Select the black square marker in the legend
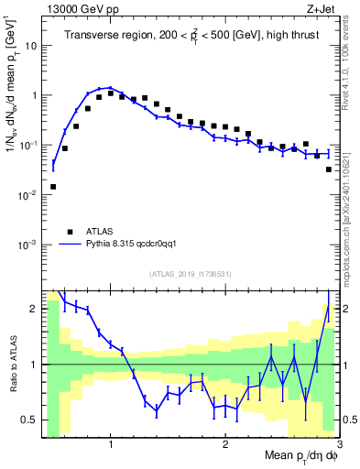click(69, 232)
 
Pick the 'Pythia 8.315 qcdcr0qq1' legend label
click(138, 245)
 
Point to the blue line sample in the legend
click(69, 245)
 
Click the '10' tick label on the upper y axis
click(31, 45)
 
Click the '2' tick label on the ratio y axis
click(34, 309)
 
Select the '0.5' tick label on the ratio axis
click(30, 420)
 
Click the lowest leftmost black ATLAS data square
click(53, 187)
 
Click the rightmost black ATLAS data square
click(329, 169)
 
